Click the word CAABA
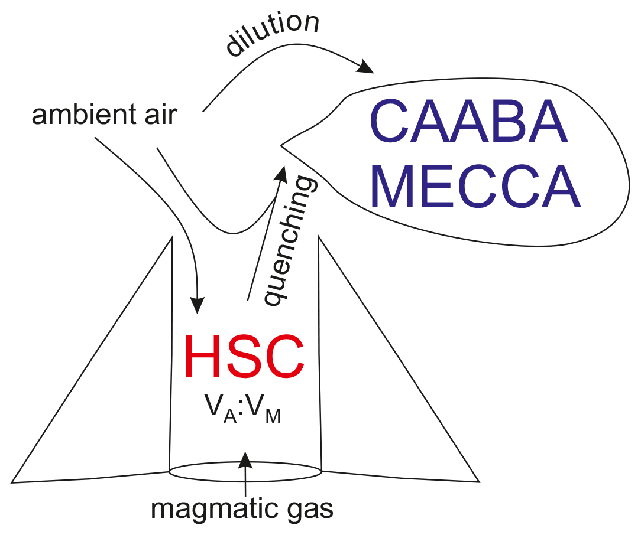pyautogui.click(x=468, y=126)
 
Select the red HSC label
pyautogui.click(x=244, y=357)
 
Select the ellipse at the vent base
pyautogui.click(x=245, y=472)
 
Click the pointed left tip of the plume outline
pyautogui.click(x=281, y=145)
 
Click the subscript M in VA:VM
pyautogui.click(x=273, y=417)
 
